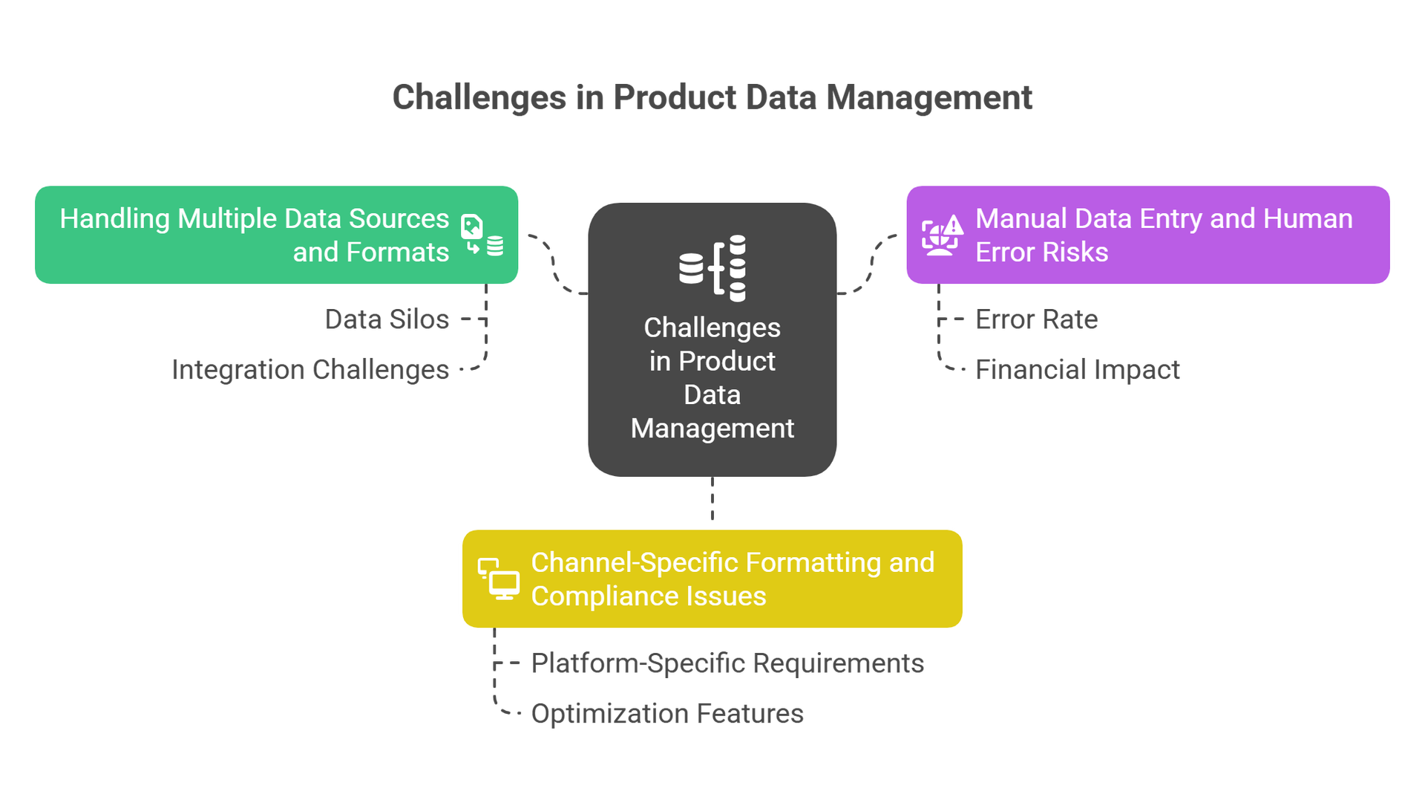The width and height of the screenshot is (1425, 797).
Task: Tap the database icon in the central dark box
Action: click(x=712, y=268)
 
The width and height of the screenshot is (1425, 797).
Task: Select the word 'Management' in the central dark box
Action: click(x=712, y=429)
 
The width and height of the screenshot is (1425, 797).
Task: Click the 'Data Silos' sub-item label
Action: click(x=387, y=320)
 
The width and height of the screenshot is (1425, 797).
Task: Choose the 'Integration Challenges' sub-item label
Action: click(x=310, y=369)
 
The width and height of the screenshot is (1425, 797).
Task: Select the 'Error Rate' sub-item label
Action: click(x=1036, y=319)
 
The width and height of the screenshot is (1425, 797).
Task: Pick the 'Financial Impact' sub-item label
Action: click(x=1077, y=369)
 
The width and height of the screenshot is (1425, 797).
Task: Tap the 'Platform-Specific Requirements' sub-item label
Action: click(x=727, y=662)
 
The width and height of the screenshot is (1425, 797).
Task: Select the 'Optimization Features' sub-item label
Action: click(x=667, y=713)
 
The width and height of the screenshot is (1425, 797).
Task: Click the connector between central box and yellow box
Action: click(x=712, y=501)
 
